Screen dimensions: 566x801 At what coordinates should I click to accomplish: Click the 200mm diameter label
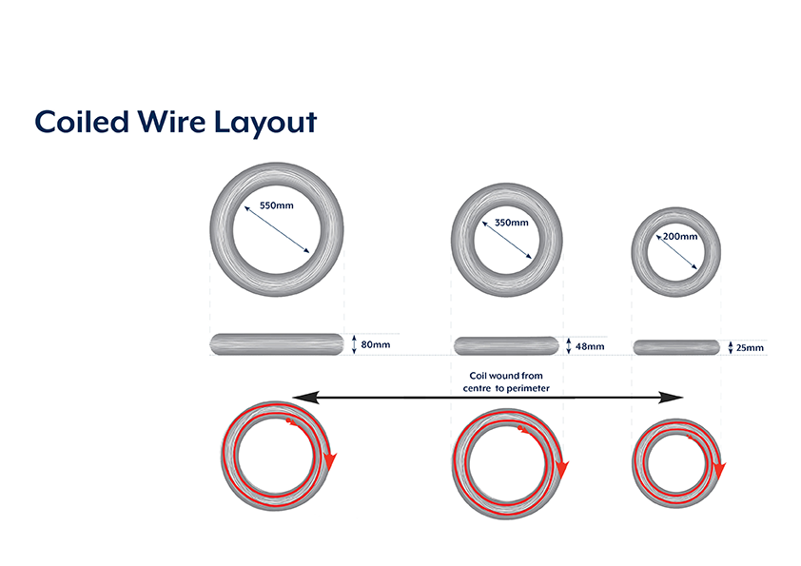(679, 236)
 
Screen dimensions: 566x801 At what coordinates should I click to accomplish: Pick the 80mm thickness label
(376, 344)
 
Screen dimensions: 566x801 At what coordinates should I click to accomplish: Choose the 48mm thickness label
(590, 347)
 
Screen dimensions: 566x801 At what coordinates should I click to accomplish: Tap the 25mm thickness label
(750, 348)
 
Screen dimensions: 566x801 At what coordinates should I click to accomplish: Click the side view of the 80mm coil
(276, 343)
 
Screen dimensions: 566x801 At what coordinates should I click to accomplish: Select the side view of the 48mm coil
(506, 345)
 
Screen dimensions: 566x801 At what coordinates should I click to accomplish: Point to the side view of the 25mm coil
(676, 346)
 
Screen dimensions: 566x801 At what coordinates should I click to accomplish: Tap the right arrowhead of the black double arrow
(676, 398)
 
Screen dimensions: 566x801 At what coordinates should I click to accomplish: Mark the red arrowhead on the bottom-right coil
(720, 467)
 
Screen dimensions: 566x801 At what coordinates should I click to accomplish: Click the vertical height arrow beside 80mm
(354, 344)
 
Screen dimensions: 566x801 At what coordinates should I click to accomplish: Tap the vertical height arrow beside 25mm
(730, 347)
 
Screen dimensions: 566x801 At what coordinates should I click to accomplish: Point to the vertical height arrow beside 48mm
(568, 346)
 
